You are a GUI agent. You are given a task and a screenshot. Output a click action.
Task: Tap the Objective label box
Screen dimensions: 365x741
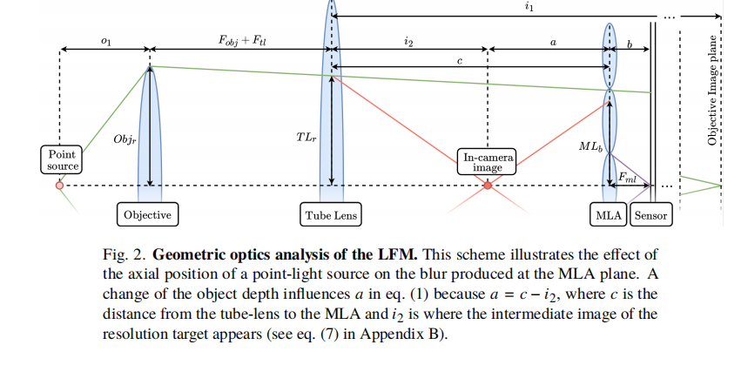coord(146,214)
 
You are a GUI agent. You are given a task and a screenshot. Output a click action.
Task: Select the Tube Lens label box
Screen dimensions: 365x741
coord(332,214)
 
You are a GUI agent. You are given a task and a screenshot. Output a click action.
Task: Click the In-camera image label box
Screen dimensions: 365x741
coord(487,162)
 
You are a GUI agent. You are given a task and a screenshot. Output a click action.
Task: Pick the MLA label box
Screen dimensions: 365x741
coord(607,214)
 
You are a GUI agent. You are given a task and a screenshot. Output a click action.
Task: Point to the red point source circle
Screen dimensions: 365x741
coord(59,186)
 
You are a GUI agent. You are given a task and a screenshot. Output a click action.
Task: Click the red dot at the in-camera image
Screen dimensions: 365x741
coord(488,186)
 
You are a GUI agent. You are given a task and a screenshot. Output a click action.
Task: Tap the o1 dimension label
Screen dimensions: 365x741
coord(106,42)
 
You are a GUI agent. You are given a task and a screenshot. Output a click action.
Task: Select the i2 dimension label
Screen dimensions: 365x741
coord(408,42)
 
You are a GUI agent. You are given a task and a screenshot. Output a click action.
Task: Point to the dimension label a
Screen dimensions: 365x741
coord(549,42)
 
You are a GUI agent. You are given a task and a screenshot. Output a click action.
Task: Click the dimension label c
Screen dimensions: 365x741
coord(459,64)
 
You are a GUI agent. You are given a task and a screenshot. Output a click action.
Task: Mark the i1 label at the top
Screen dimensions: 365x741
coord(529,7)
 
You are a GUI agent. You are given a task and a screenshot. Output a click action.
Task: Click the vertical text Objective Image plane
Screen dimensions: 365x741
coord(712,91)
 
